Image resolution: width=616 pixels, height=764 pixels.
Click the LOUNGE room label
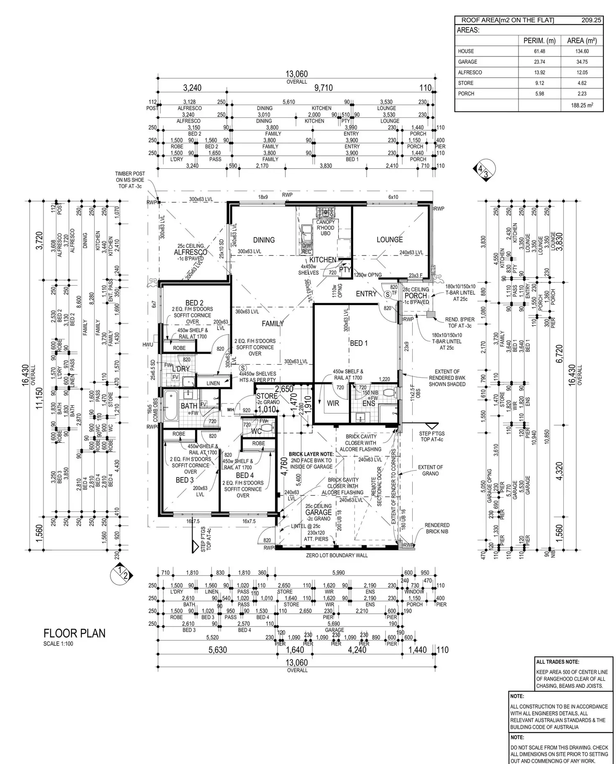pyautogui.click(x=390, y=240)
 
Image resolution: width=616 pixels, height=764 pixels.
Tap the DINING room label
pyautogui.click(x=264, y=240)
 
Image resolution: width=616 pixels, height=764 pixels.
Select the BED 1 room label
pyautogui.click(x=359, y=343)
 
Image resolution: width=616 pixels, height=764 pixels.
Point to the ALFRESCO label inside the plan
pyautogui.click(x=190, y=252)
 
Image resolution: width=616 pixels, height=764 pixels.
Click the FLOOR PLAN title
pyautogui.click(x=74, y=633)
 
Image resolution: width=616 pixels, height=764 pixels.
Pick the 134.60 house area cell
pyautogui.click(x=582, y=51)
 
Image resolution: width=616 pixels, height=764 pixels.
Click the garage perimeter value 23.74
pyautogui.click(x=539, y=62)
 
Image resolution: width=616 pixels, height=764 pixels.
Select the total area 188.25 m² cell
pyautogui.click(x=582, y=105)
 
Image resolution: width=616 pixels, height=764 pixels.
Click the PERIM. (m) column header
pyautogui.click(x=539, y=41)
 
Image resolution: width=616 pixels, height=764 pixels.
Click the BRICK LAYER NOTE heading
pyautogui.click(x=311, y=454)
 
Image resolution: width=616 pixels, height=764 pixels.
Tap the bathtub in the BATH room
pyautogui.click(x=171, y=405)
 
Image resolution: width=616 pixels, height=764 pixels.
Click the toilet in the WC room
pyautogui.click(x=268, y=428)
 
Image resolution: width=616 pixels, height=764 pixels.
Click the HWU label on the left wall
pyautogui.click(x=147, y=345)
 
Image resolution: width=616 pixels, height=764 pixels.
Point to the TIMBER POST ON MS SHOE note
pyautogui.click(x=130, y=180)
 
